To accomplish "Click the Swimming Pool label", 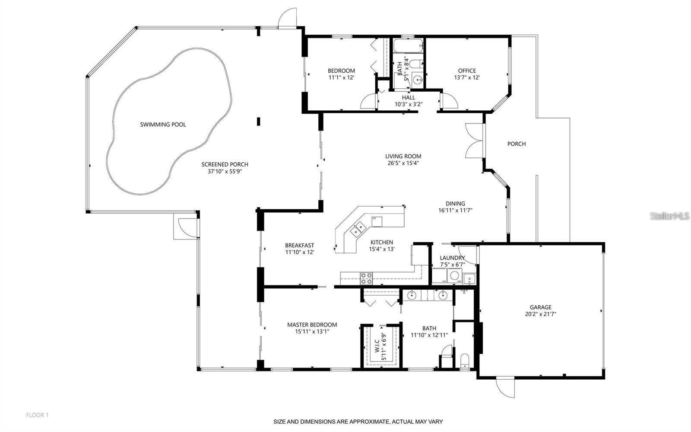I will click(163, 125).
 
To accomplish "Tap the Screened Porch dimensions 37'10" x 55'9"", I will click(225, 171).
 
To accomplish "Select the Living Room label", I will click(403, 156).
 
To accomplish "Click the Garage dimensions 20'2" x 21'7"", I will click(541, 314).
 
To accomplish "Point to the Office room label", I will click(467, 70).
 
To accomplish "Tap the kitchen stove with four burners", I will click(367, 278).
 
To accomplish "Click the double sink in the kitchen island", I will click(357, 229).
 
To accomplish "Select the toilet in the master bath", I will click(465, 361).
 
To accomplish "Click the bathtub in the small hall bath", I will click(408, 45).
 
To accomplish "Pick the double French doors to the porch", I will click(474, 141).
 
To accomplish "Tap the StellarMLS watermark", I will click(669, 216).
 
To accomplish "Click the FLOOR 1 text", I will click(37, 415).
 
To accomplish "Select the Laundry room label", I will click(452, 258).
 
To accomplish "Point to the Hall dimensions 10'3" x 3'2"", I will click(408, 104).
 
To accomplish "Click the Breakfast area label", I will click(299, 245).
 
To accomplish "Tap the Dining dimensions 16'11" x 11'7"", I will click(455, 211).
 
